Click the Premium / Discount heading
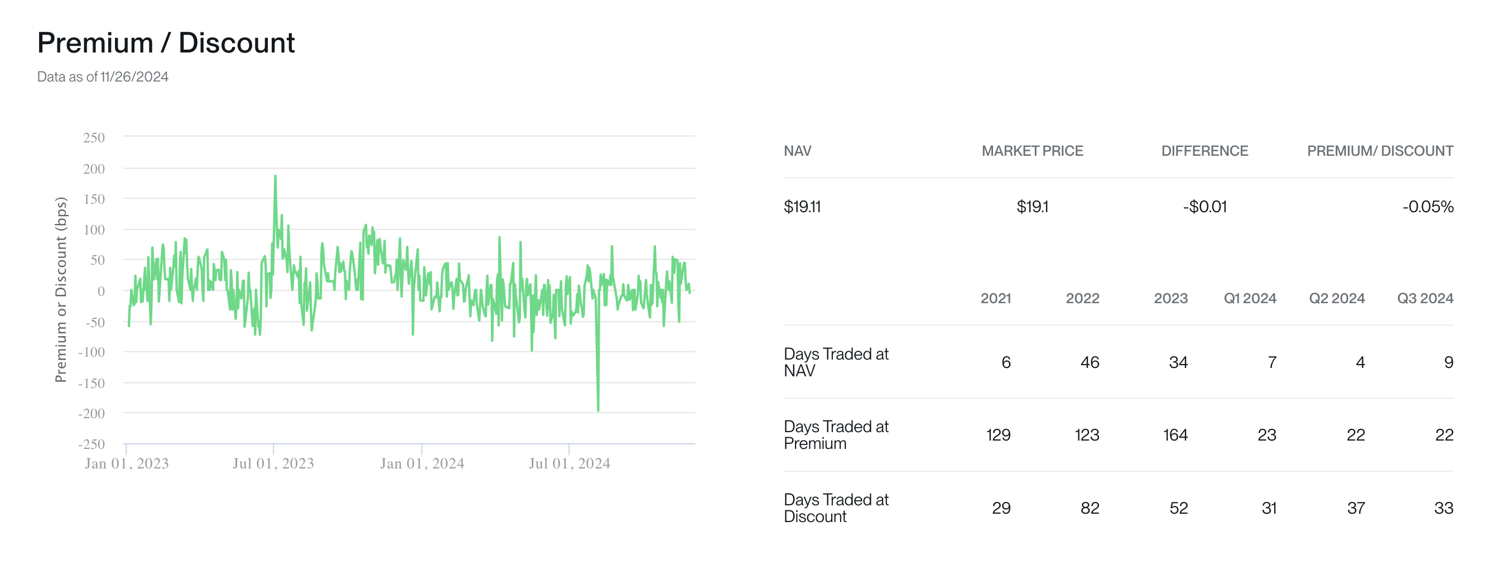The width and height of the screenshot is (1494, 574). (166, 43)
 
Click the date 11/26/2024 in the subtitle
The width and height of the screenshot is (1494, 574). (134, 77)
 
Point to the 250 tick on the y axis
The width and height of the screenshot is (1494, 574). (94, 138)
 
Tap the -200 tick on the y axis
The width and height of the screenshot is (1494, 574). (91, 414)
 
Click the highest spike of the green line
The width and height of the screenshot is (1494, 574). (275, 176)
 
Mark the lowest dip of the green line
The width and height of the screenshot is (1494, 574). (598, 410)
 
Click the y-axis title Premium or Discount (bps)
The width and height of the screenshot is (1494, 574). (61, 290)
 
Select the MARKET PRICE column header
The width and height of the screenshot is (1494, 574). (1032, 151)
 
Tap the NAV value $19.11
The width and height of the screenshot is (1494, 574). (802, 207)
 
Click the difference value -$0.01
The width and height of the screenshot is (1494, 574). (1204, 207)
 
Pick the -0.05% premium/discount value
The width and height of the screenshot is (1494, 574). (1427, 207)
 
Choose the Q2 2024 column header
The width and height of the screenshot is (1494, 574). (1336, 299)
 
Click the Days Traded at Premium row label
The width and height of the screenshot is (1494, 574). (836, 436)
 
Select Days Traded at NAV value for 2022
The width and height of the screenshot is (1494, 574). (1089, 363)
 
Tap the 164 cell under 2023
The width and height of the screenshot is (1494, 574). (1175, 436)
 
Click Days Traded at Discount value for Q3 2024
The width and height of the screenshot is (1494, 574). (1443, 509)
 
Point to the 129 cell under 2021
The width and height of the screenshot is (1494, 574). (998, 436)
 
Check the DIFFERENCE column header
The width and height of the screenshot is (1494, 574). (1204, 151)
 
